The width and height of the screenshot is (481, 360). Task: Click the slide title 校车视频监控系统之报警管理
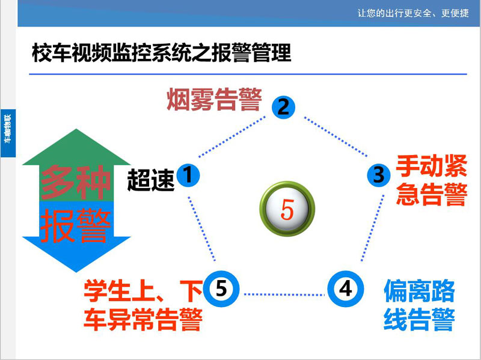point(162,53)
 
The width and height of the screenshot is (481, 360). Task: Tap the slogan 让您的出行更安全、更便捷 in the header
point(413,13)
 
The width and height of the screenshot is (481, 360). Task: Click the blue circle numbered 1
point(188,175)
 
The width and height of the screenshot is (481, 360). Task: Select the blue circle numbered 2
point(283,107)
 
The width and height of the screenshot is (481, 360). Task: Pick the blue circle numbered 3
point(379,175)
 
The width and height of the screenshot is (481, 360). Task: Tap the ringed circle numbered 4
point(346,289)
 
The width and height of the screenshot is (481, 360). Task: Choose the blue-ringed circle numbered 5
point(221,289)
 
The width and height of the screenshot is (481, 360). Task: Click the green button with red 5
point(287,209)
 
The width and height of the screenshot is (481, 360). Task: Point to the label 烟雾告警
point(215,99)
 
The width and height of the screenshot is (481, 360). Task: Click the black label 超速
point(151,180)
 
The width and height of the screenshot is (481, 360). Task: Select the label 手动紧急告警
point(431,180)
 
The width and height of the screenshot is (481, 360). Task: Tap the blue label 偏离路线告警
point(419,305)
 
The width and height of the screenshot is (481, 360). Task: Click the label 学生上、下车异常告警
point(143,305)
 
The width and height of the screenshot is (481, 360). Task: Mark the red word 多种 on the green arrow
point(76,182)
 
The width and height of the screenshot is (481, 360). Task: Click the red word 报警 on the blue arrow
point(76,226)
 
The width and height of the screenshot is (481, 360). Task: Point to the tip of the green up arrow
point(76,129)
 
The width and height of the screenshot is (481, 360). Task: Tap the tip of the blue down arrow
point(76,272)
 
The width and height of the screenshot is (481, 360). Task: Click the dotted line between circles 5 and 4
point(284,294)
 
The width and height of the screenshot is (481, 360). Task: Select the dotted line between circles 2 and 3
point(335,137)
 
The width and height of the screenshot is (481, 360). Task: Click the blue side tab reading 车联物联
point(8,133)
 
